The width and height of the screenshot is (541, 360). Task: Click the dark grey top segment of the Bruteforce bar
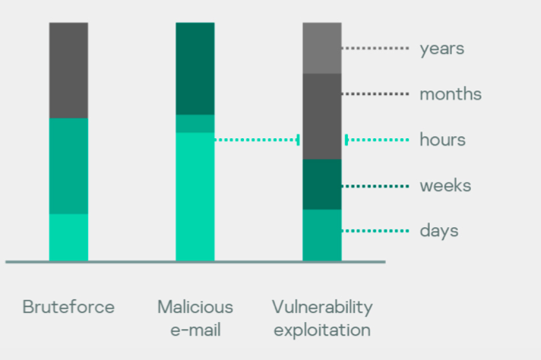pos(68,71)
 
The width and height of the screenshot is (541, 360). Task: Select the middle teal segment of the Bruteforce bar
pos(68,166)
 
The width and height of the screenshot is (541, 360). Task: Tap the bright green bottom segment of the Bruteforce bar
pos(68,238)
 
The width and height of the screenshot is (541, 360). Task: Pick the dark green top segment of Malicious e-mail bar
pos(195,68)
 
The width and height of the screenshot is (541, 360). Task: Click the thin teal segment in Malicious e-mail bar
pos(195,124)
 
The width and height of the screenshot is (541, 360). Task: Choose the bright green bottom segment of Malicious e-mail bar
pos(195,197)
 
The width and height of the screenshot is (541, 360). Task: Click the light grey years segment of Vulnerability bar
pos(322,49)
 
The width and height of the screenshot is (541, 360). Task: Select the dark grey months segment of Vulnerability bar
pos(322,116)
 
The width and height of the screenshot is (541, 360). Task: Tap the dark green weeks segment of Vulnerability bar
pos(322,185)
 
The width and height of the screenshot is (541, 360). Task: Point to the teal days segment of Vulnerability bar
pos(322,235)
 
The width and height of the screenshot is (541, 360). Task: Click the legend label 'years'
pos(442,49)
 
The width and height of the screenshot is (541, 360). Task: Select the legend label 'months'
pos(451,93)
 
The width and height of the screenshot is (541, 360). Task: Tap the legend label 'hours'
pos(443,140)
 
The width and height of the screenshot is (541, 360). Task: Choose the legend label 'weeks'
pos(445,185)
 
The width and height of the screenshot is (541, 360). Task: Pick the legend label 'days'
pos(439,231)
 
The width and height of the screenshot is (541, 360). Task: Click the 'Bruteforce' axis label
pos(68,307)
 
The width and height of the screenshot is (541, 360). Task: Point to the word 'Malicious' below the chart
pos(195,307)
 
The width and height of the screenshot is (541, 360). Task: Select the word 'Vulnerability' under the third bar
pos(322,308)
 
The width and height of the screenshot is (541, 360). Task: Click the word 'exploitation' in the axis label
pos(322,330)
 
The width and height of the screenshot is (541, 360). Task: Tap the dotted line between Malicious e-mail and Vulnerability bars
pos(257,140)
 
